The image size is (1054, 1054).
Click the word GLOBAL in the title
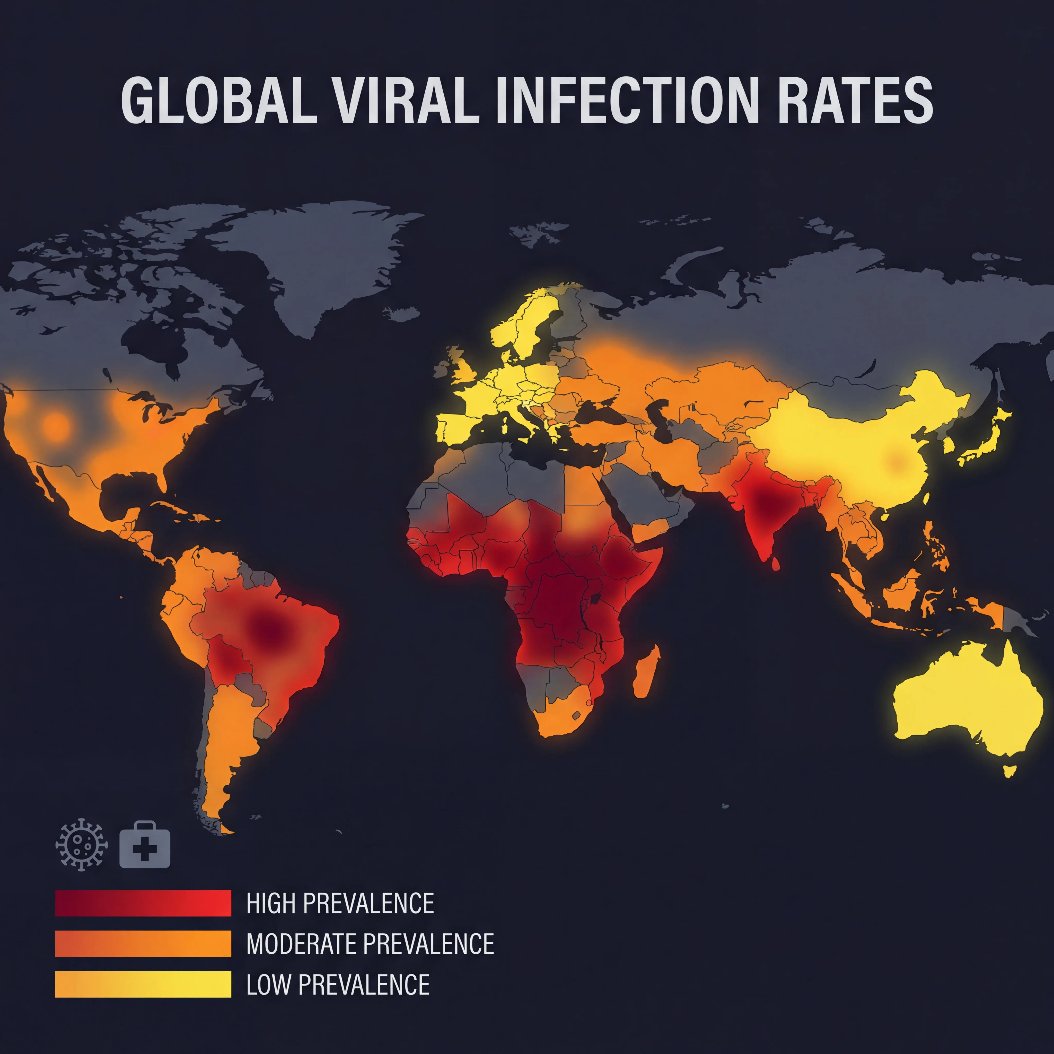coord(218,100)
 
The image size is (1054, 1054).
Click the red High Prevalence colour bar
coord(143,903)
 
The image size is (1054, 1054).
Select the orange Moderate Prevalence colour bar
coord(143,944)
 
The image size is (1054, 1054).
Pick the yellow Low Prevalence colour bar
coord(143,985)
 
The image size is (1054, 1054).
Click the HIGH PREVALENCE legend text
coord(340,903)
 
